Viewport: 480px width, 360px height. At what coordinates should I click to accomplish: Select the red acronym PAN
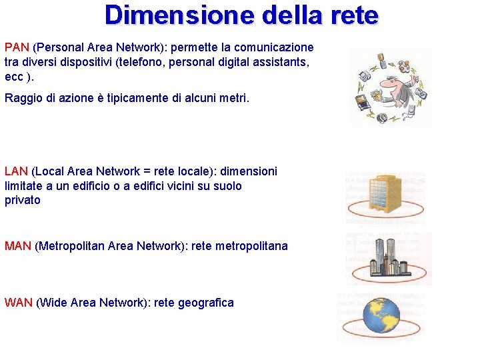17,47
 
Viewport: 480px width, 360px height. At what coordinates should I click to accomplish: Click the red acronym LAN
17,171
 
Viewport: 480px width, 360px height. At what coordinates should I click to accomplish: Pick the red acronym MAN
18,246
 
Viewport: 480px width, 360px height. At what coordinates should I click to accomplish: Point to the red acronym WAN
19,303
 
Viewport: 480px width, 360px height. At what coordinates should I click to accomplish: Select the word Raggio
23,99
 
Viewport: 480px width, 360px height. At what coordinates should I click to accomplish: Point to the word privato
23,200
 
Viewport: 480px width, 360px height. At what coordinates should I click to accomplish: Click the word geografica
204,303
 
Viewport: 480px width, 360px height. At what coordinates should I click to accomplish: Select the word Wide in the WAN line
53,303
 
